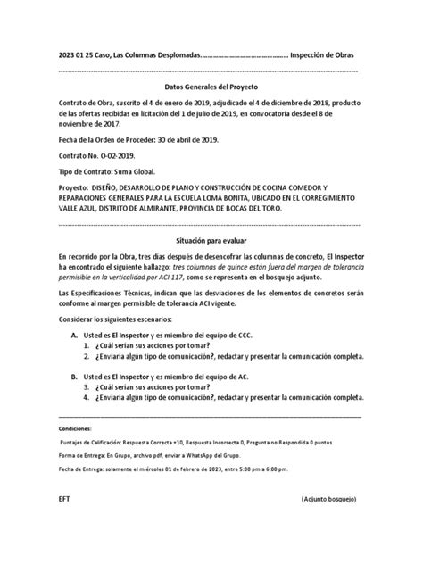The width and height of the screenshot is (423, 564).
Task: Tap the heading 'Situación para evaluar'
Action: [211, 241]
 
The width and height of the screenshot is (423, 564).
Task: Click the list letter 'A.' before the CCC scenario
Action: [77, 330]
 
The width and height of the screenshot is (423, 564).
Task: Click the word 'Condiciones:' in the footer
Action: [76, 429]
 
